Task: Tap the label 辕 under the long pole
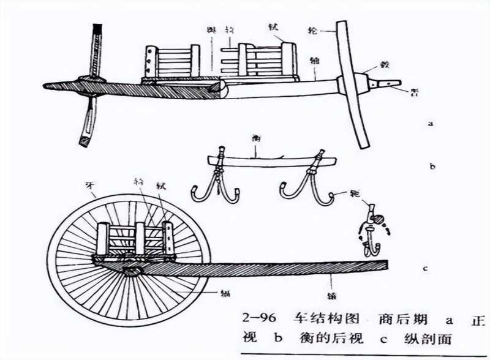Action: click(332, 283)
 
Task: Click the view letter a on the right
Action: click(431, 123)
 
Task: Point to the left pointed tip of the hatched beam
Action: click(47, 84)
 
